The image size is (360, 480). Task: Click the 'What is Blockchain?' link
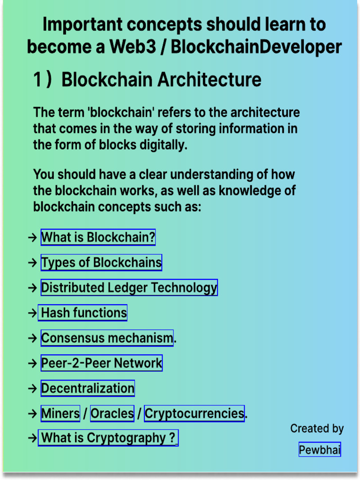point(98,237)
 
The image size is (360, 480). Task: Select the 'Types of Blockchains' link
point(101,262)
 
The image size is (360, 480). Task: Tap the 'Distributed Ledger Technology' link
point(129,288)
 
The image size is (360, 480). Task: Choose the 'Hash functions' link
point(83,313)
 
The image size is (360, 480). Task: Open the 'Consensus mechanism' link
point(107,338)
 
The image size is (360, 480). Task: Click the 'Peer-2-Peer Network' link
point(101,363)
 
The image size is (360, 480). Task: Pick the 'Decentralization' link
point(88,388)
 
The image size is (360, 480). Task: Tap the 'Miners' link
point(60,413)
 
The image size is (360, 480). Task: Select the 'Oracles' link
point(112,413)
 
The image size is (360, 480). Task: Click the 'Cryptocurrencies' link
point(194,413)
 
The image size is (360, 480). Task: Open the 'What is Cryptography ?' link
point(108,438)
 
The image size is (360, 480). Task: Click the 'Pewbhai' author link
point(320,450)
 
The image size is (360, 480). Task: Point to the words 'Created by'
point(317,428)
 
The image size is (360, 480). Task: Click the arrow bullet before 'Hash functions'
point(32,313)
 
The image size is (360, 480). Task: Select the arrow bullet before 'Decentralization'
point(32,389)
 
